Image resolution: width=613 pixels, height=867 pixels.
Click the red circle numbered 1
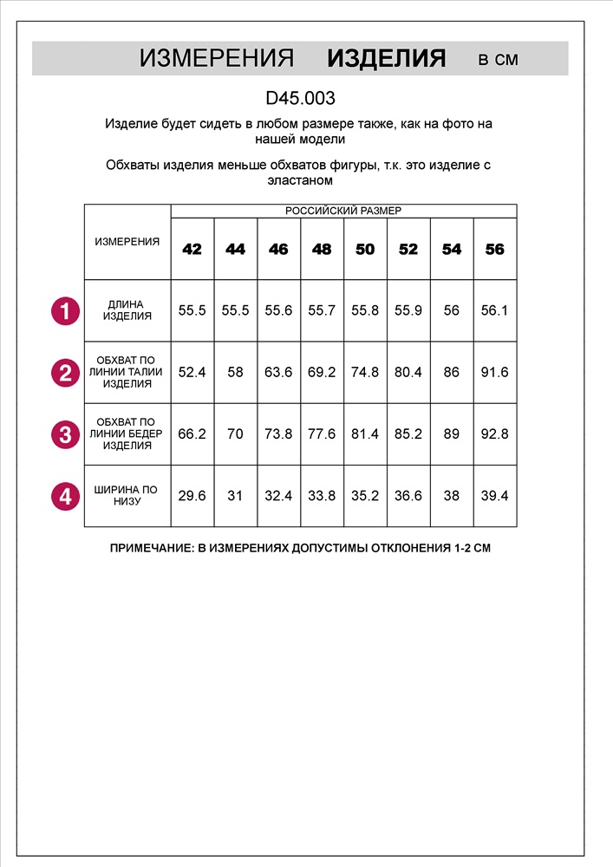pyautogui.click(x=65, y=310)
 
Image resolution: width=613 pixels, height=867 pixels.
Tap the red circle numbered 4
pyautogui.click(x=65, y=497)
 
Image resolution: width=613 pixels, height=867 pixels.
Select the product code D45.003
pyautogui.click(x=300, y=99)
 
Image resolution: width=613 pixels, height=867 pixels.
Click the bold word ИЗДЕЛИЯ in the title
pyautogui.click(x=386, y=59)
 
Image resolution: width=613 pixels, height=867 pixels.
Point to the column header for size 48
pyautogui.click(x=322, y=249)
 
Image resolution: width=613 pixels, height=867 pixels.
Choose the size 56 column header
pyautogui.click(x=494, y=249)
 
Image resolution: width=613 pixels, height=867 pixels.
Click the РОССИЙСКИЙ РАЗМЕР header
pyautogui.click(x=343, y=211)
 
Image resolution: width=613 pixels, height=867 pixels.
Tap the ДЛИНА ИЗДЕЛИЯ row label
pyautogui.click(x=127, y=310)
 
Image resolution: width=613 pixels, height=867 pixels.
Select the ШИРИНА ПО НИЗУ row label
pyautogui.click(x=127, y=496)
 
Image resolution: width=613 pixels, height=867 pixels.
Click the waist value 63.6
pyautogui.click(x=278, y=373)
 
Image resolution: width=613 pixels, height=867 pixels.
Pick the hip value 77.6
pyautogui.click(x=322, y=434)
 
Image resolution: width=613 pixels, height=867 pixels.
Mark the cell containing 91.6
pyautogui.click(x=494, y=373)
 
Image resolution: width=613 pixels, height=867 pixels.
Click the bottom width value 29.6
pyautogui.click(x=192, y=496)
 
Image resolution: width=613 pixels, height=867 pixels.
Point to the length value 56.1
pyautogui.click(x=494, y=310)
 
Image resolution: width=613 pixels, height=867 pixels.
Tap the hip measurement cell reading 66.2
pyautogui.click(x=192, y=434)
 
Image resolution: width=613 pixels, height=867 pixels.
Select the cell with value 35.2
pyautogui.click(x=365, y=496)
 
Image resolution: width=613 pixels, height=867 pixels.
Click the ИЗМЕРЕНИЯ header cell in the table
pyautogui.click(x=127, y=242)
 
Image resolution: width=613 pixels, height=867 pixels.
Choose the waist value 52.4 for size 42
pyautogui.click(x=192, y=373)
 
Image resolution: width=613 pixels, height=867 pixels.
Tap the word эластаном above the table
pyautogui.click(x=300, y=181)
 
